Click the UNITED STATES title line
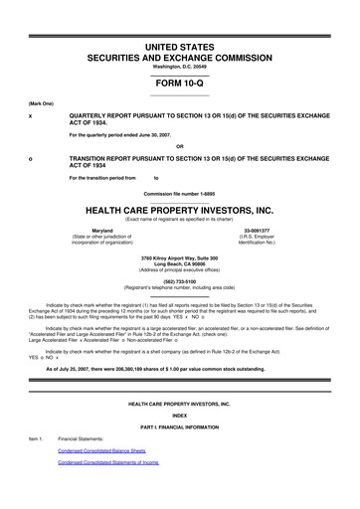(179, 47)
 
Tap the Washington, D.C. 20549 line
(179, 67)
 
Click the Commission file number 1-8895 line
(179, 192)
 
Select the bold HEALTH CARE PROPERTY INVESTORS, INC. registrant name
(179, 211)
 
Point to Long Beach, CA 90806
(179, 264)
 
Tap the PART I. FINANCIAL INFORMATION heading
(179, 426)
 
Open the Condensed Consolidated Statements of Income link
(108, 462)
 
